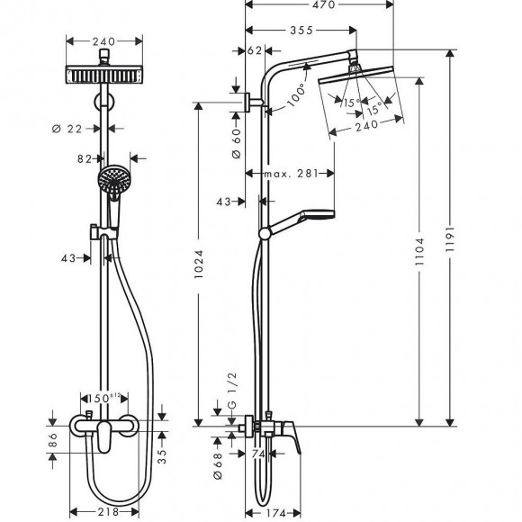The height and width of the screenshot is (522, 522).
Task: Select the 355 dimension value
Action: (x=301, y=31)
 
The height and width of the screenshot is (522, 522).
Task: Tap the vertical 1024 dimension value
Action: (x=202, y=266)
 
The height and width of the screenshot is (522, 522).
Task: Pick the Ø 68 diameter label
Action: (x=218, y=459)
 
